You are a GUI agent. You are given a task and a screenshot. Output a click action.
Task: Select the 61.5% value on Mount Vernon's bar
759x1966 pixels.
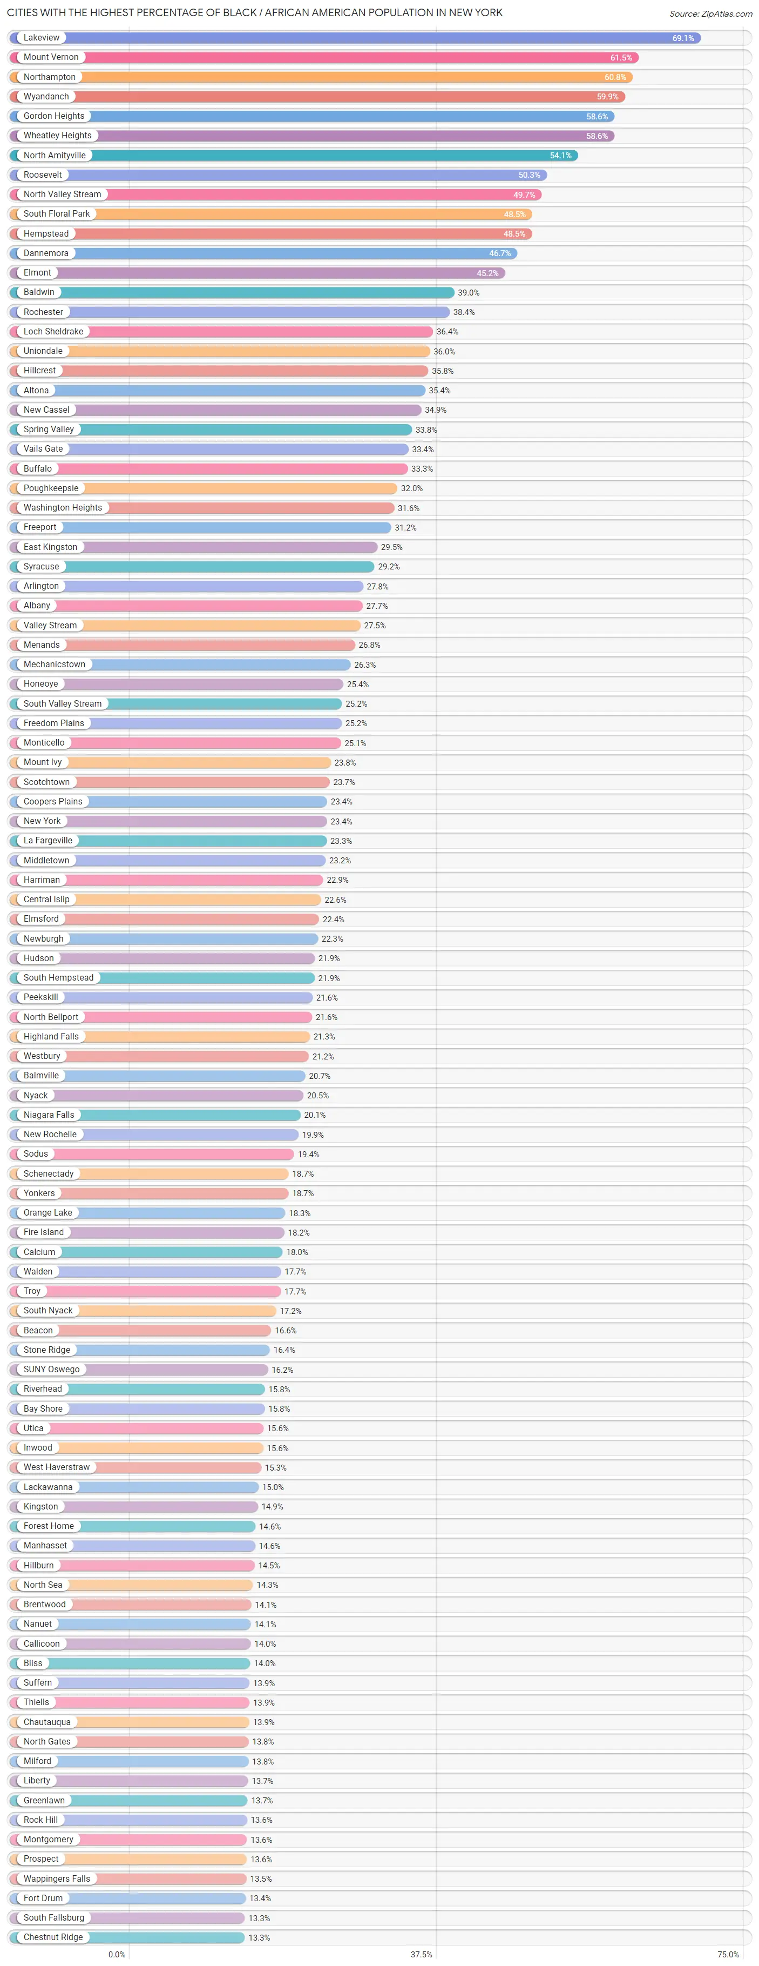point(621,58)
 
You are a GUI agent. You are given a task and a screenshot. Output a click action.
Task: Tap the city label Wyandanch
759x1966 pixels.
point(46,97)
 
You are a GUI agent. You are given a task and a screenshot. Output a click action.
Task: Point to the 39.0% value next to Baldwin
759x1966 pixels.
point(469,293)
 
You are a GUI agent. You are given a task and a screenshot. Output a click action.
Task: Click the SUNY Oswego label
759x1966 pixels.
point(51,1369)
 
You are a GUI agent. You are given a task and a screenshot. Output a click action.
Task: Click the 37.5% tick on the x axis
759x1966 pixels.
point(421,1955)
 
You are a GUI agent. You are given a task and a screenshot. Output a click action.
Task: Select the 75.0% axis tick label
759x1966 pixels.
point(728,1955)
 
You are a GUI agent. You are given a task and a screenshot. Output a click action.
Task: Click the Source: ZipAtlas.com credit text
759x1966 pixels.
point(710,14)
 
